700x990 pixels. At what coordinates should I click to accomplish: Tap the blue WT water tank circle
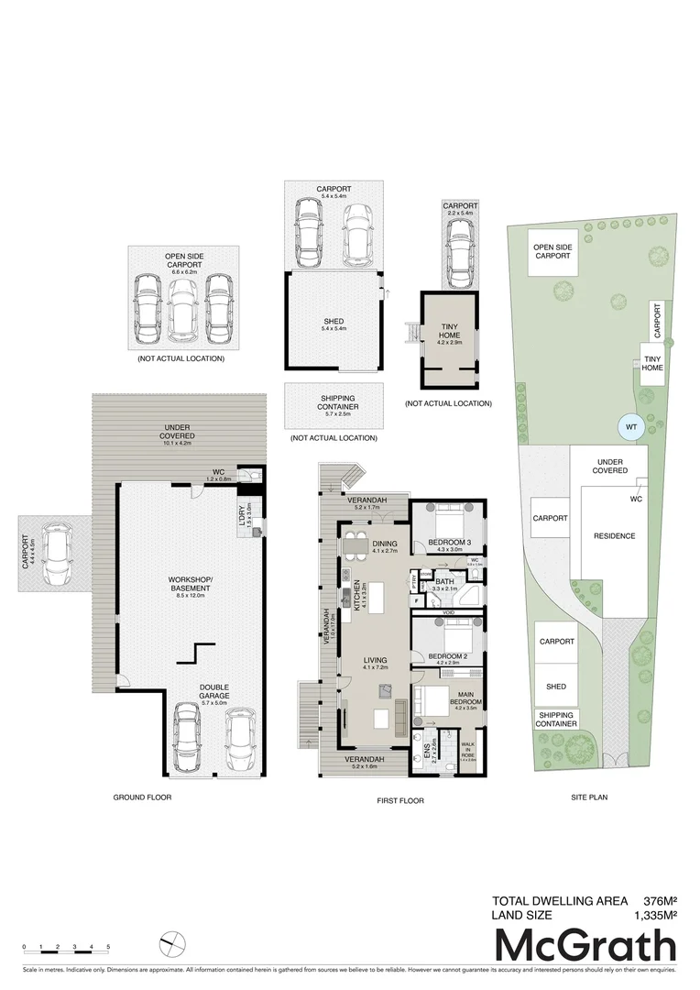click(x=629, y=426)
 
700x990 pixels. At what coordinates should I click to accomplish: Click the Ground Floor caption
click(x=142, y=797)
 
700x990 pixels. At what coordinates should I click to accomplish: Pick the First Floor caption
click(x=400, y=800)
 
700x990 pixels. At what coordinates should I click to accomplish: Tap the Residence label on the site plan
click(x=614, y=535)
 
